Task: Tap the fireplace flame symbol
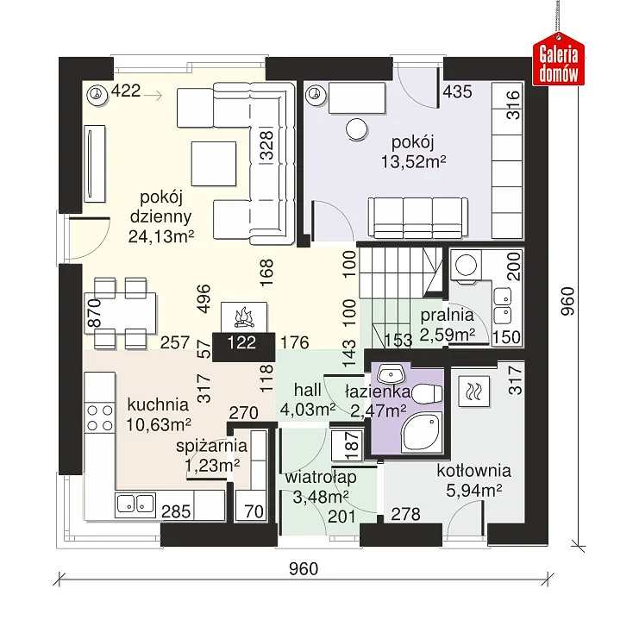coord(244,317)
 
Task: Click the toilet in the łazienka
coord(427,393)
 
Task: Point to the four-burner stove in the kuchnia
coord(100,417)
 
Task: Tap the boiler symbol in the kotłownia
coord(473,391)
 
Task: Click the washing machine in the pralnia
coord(466,266)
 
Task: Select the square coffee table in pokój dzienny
coord(214,164)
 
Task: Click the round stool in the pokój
coord(357,129)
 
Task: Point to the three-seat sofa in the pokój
coord(417,217)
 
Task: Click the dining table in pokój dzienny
coord(120,313)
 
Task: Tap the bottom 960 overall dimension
coord(304,568)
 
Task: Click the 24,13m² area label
coord(161,236)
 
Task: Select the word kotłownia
coord(474,471)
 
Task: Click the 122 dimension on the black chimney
coord(242,342)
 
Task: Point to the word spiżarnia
coord(211,446)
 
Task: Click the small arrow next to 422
coord(153,96)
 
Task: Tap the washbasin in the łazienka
coord(390,373)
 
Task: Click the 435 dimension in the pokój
coord(458,91)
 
